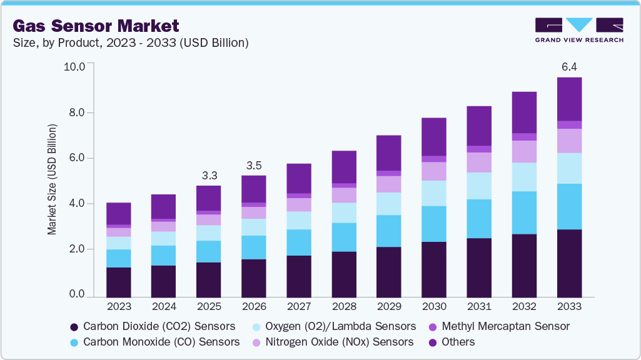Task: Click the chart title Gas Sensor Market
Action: (96, 26)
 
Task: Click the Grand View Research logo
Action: (578, 29)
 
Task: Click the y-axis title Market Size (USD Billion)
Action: (52, 179)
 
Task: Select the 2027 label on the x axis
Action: (299, 307)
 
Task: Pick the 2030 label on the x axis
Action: (434, 307)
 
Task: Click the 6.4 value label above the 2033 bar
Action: (569, 67)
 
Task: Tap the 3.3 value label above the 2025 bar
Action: (209, 175)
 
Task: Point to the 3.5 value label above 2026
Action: (254, 166)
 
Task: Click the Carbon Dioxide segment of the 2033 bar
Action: (569, 262)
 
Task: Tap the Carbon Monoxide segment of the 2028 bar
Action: (344, 237)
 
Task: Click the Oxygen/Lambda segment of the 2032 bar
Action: (524, 177)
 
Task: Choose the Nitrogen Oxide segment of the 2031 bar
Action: (479, 162)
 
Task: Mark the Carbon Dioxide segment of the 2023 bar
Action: (119, 281)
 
